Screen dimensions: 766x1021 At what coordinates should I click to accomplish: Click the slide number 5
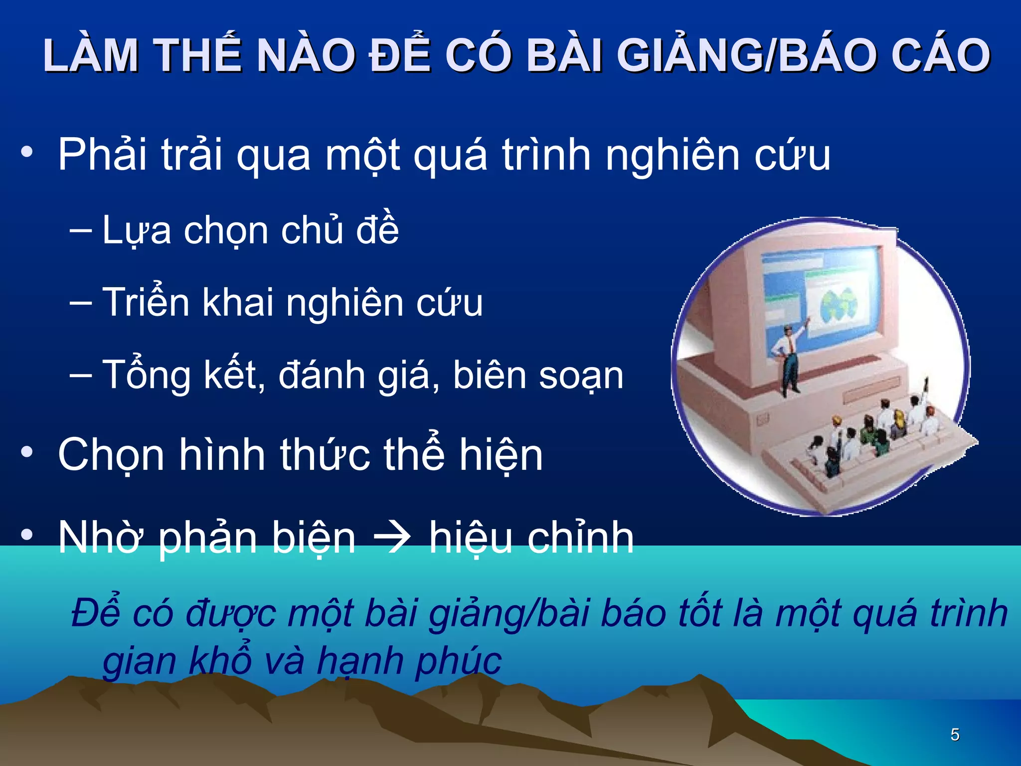(955, 735)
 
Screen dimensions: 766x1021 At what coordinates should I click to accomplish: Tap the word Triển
(146, 302)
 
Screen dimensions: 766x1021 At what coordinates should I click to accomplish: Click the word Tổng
(146, 375)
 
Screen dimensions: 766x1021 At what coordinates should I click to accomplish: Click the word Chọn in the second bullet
(111, 455)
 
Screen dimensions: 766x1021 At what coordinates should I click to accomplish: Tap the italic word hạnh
(360, 661)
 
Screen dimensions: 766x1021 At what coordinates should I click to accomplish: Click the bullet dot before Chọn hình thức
(27, 453)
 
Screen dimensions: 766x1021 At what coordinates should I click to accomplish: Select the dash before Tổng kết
(81, 375)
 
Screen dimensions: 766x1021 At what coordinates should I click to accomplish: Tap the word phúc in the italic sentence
(458, 661)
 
